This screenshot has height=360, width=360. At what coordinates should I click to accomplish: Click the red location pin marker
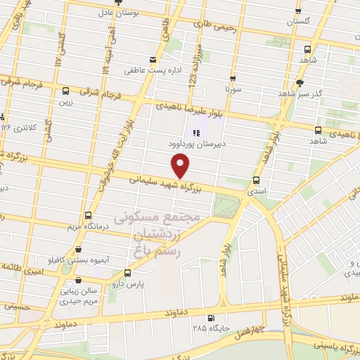[x=181, y=165]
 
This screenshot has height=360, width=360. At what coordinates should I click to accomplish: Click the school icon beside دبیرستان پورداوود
[x=195, y=132]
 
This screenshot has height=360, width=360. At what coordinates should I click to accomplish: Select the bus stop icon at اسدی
[x=257, y=179]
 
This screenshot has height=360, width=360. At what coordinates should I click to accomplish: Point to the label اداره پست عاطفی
[x=149, y=70]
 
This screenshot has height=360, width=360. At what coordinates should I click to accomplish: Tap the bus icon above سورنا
[x=232, y=78]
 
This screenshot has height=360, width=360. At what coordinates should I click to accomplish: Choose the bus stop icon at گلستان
[x=298, y=11]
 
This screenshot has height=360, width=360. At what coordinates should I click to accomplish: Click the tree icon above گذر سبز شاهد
[x=300, y=82]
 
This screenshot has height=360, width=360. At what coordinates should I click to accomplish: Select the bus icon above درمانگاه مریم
[x=88, y=214]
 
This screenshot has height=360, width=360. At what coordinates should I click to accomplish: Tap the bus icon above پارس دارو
[x=127, y=273]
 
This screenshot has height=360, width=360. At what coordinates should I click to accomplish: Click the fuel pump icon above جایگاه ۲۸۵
[x=200, y=317]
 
